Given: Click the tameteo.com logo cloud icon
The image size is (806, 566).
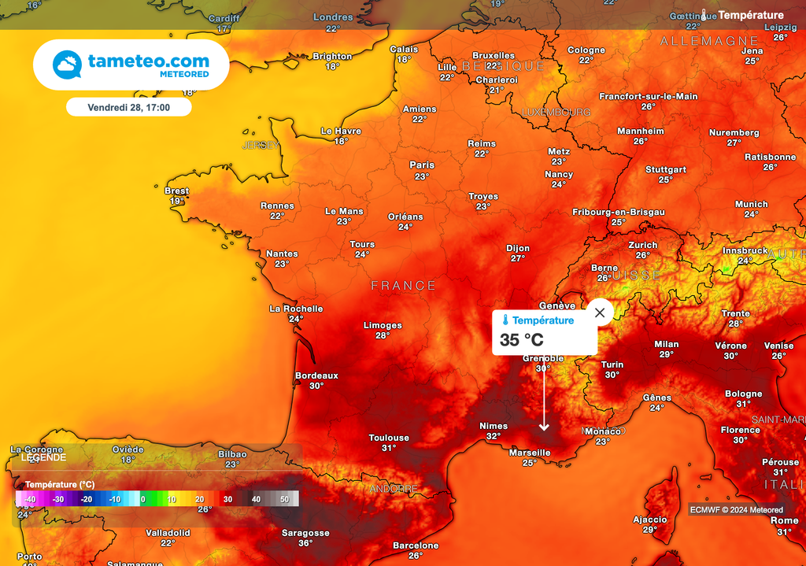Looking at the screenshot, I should tap(68, 65).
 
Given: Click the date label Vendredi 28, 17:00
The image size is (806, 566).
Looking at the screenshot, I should tap(128, 106).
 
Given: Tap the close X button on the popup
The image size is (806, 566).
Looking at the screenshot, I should tap(600, 313).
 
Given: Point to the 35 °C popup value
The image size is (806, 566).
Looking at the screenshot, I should tap(521, 340).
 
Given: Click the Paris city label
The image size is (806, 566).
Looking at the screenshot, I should tap(422, 165).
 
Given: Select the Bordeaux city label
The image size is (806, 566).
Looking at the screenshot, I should tap(316, 375).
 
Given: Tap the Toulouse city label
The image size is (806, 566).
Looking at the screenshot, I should tap(389, 438).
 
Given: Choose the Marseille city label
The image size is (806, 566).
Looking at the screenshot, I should tap(530, 453).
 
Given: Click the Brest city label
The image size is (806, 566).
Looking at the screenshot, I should tap(176, 191).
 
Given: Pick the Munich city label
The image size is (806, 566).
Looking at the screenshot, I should tap(751, 204).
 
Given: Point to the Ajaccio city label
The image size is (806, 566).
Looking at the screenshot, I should tap(650, 520).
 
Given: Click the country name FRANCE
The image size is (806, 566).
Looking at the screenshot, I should tap(403, 286).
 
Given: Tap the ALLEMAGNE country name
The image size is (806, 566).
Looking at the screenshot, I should tap(709, 40).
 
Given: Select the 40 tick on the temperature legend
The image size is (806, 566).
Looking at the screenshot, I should tap(256, 499).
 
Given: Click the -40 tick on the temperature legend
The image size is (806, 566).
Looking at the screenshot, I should tap(30, 499).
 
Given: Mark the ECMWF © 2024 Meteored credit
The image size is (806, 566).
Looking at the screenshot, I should tap(737, 509).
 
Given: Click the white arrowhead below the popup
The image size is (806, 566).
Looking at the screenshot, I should tap(543, 427).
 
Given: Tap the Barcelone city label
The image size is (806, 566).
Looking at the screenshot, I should tap(416, 546).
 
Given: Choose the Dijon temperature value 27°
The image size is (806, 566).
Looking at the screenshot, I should tap(517, 258).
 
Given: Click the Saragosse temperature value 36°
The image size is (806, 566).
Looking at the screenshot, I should tap(305, 542).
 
